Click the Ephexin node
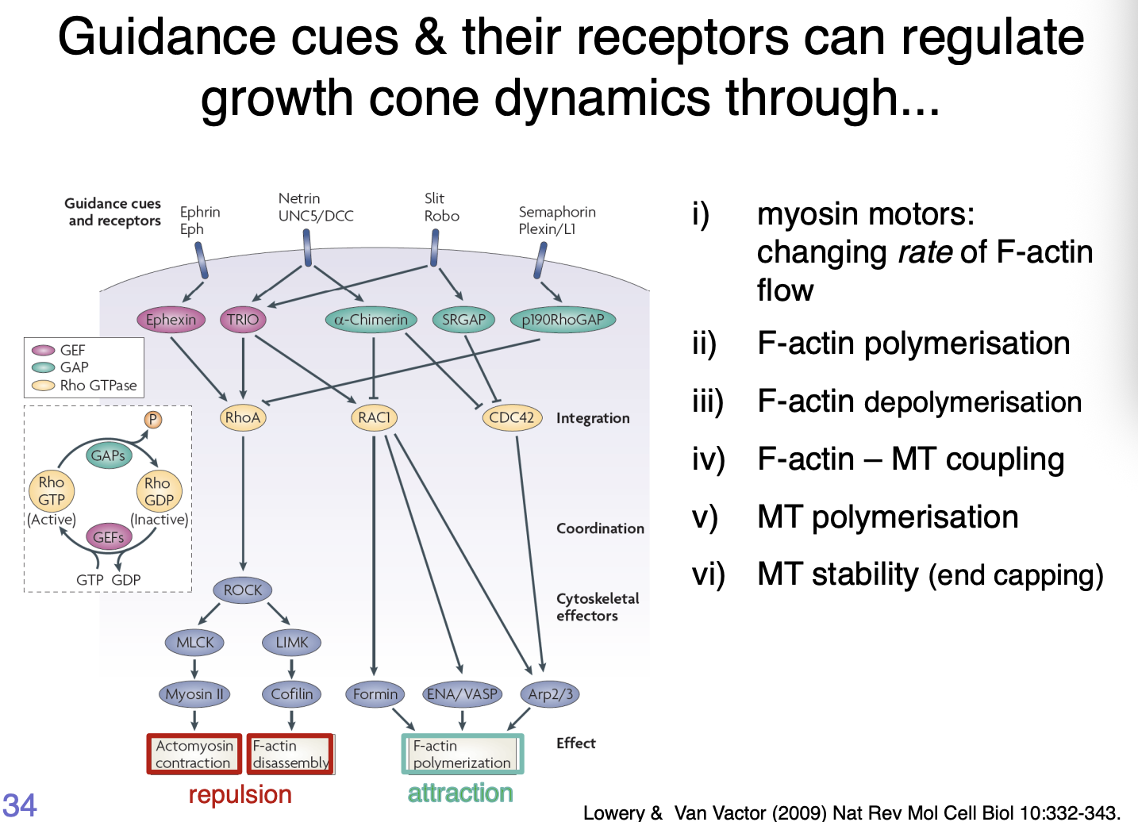pos(171,320)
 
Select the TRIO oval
pos(242,320)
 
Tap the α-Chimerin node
pos(371,320)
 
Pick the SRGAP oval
pos(463,320)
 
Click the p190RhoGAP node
pos(563,320)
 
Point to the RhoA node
pos(243,417)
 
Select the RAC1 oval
pos(374,417)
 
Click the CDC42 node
pos(512,417)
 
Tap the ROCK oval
pos(243,590)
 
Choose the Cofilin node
pos(291,694)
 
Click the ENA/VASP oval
pos(462,694)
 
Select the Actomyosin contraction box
pos(194,754)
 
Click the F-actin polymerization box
pos(462,754)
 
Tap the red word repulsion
pos(240,794)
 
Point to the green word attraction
pos(460,793)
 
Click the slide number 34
pos(19,805)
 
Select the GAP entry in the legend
pos(74,367)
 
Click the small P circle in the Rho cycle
pos(153,420)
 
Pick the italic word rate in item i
pos(925,252)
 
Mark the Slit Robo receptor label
pos(441,207)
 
